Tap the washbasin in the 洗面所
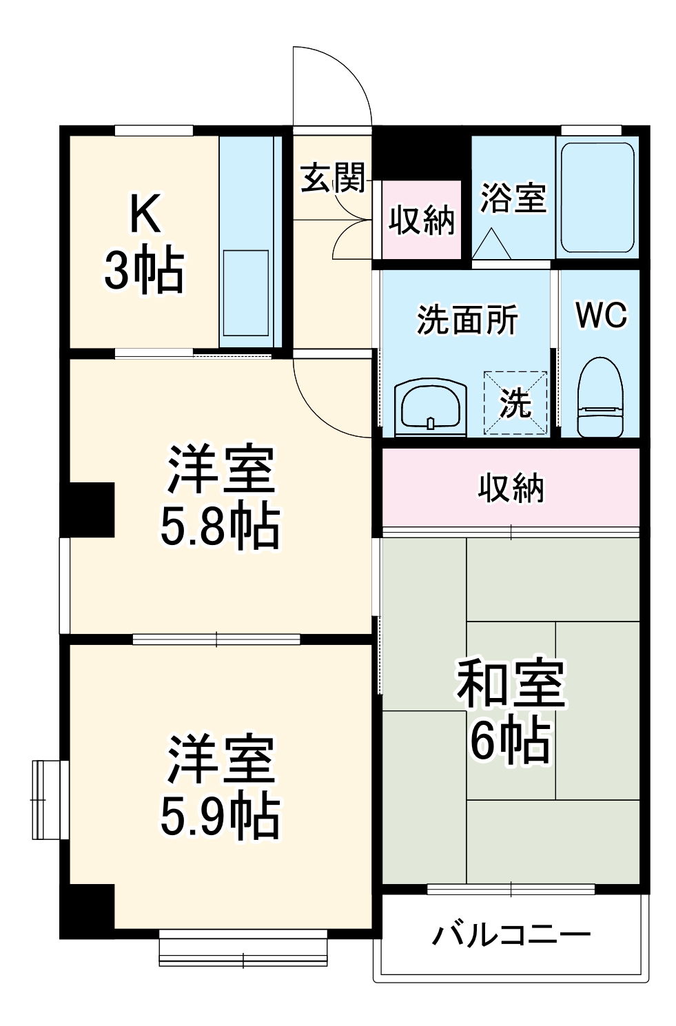coord(430,408)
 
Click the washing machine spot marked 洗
coord(515,403)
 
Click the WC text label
coord(601,315)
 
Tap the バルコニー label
coord(511,935)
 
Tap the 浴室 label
coord(513,198)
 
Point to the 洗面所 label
coord(467,320)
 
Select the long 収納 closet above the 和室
coord(511,488)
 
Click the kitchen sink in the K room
coord(245,293)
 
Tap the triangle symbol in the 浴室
coord(491,243)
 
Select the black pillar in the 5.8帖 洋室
coord(90,509)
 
